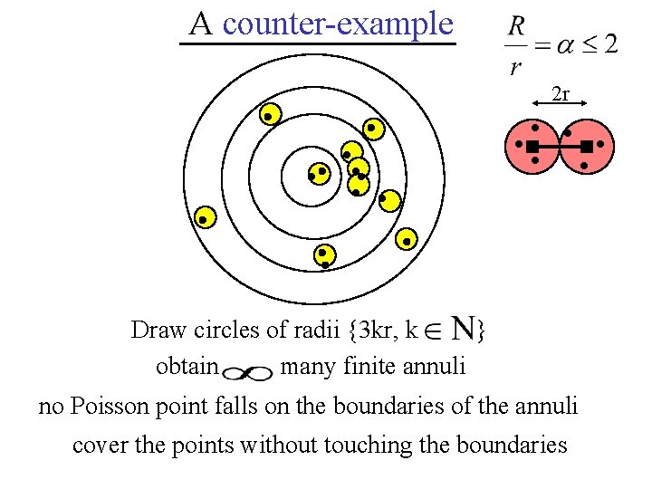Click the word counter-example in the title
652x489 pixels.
pyautogui.click(x=337, y=23)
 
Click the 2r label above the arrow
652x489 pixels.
pyautogui.click(x=561, y=93)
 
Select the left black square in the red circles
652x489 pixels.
pyautogui.click(x=532, y=146)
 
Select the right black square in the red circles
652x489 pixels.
pyautogui.click(x=586, y=146)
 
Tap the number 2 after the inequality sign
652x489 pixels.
pyautogui.click(x=611, y=43)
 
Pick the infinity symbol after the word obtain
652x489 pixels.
pyautogui.click(x=248, y=372)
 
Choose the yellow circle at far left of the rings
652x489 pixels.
pyautogui.click(x=206, y=218)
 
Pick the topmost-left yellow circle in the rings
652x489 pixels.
pyautogui.click(x=268, y=115)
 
